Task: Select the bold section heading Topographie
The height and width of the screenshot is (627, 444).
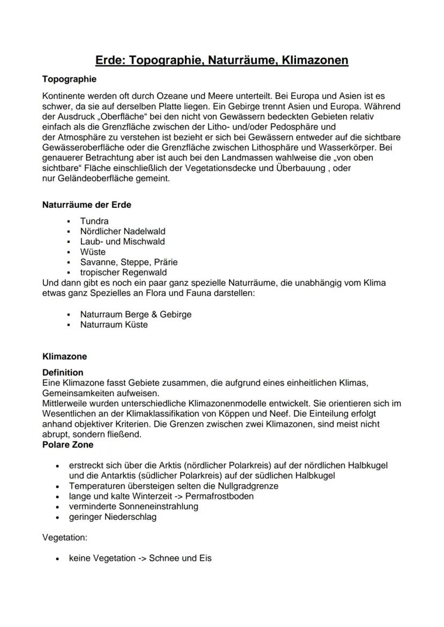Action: (x=69, y=79)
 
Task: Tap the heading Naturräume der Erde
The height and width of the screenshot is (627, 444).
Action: (x=86, y=205)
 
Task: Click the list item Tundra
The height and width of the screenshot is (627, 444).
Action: (x=94, y=221)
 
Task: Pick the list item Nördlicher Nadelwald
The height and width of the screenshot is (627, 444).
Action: (x=122, y=231)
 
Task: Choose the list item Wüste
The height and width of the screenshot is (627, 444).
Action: (x=93, y=252)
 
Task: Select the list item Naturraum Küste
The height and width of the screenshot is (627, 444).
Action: (x=114, y=324)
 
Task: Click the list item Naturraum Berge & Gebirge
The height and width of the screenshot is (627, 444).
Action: (x=135, y=314)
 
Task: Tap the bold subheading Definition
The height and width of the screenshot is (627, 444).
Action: (x=63, y=372)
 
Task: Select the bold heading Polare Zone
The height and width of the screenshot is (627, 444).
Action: (x=68, y=444)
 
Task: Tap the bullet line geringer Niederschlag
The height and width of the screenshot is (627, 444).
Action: (x=113, y=517)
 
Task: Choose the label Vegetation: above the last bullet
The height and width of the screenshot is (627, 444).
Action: (x=64, y=537)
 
